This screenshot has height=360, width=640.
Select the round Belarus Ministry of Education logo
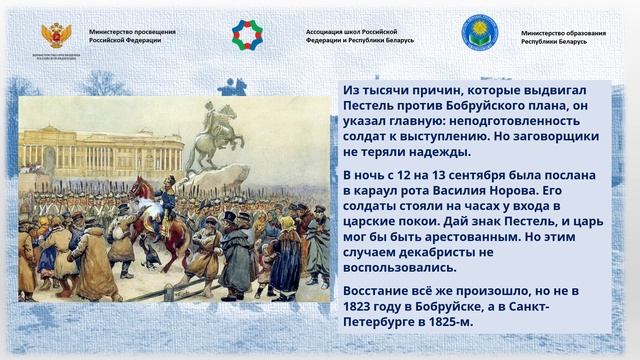pyautogui.click(x=479, y=33)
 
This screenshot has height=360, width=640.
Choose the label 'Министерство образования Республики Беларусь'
pyautogui.click(x=563, y=37)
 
